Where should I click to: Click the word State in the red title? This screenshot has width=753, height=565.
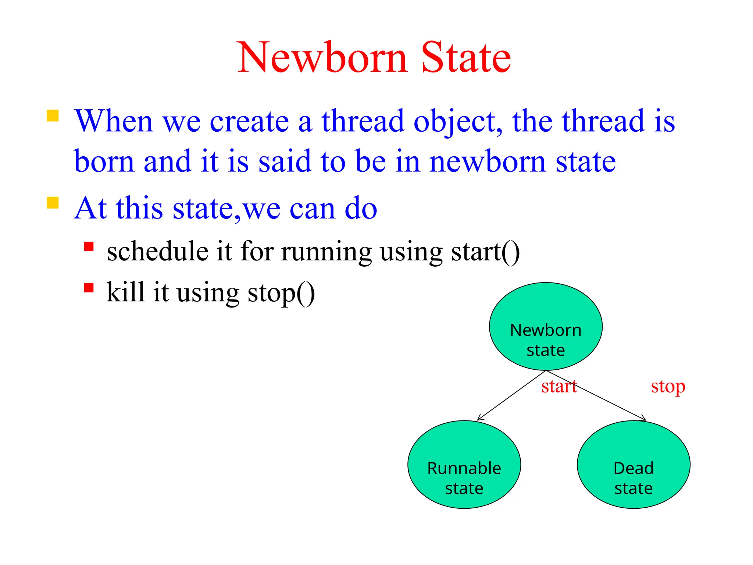466,58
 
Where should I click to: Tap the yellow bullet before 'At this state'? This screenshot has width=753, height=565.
53,203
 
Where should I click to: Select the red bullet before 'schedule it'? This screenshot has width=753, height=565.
89,246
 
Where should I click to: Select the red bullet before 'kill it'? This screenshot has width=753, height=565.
89,287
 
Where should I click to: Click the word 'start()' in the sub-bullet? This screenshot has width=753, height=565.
485,252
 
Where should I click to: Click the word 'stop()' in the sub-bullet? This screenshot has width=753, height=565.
281,293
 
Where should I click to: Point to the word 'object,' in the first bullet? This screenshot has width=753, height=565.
458,121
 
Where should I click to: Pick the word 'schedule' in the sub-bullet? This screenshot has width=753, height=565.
157,252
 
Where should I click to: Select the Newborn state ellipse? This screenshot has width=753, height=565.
546,326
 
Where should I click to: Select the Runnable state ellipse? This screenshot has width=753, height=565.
464,465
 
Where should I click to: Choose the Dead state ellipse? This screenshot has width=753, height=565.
634,465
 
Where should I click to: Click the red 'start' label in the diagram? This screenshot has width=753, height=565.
559,387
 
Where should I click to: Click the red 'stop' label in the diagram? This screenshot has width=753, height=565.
668,387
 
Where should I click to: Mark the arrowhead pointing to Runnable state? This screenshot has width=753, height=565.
479,419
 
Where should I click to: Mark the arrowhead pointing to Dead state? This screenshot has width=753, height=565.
643,419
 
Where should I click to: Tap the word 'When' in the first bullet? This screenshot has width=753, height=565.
114,121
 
